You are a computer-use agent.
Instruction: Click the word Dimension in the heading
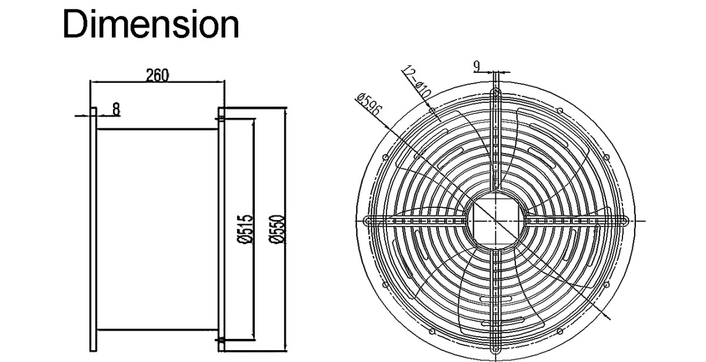(x=151, y=25)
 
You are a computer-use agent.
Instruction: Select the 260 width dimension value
(x=157, y=75)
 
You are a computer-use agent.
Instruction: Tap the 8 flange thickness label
(x=116, y=108)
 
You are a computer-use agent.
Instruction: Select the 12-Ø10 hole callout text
(x=417, y=83)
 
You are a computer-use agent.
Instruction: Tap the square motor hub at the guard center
(x=495, y=221)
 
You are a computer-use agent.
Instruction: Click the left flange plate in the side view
(x=93, y=230)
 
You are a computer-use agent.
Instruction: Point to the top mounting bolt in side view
(x=221, y=119)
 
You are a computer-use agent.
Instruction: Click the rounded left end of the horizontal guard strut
(x=368, y=221)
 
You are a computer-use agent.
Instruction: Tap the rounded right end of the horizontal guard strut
(x=623, y=221)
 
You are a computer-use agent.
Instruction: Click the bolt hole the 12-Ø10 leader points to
(x=432, y=110)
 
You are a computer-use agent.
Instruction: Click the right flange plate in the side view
(x=221, y=230)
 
